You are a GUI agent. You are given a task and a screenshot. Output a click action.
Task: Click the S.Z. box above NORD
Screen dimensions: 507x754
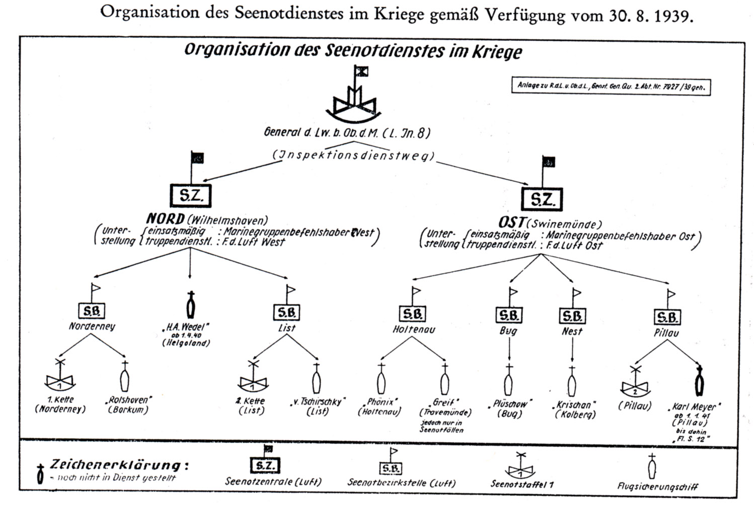[191, 196]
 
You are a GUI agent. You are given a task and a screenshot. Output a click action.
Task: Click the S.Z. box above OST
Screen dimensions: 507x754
[542, 200]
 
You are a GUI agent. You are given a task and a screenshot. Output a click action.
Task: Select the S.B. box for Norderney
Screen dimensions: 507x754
[92, 311]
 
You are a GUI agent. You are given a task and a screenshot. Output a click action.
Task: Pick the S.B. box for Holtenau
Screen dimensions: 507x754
[413, 314]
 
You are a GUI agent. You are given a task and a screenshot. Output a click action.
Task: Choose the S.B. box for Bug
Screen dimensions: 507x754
[509, 315]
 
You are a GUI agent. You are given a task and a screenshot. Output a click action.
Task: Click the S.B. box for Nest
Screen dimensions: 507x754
[572, 316]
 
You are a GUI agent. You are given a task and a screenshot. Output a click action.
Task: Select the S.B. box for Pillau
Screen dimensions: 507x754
[667, 317]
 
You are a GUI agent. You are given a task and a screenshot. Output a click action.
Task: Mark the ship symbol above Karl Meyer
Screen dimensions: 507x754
[699, 383]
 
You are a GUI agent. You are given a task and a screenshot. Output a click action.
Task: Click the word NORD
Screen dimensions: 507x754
[165, 219]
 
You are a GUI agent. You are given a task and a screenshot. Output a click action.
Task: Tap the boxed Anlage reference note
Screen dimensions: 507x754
[611, 86]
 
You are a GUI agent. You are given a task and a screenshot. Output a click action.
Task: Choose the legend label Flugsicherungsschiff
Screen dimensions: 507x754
[657, 486]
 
